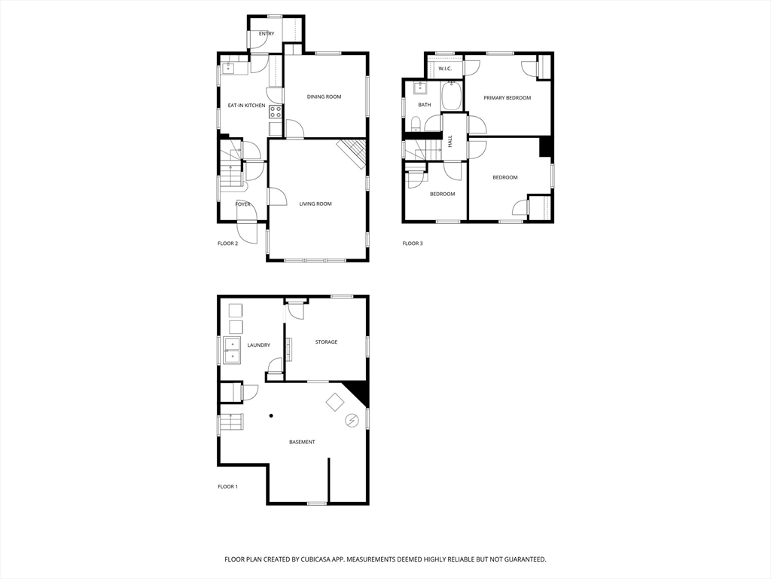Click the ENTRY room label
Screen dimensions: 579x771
(x=267, y=34)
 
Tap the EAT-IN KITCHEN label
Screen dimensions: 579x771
(x=246, y=106)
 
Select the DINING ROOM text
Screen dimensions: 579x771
(x=324, y=96)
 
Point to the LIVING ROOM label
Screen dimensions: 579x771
(x=315, y=204)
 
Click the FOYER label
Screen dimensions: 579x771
(x=242, y=204)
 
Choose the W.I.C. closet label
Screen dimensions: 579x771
(x=445, y=69)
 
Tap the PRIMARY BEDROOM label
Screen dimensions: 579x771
(x=507, y=98)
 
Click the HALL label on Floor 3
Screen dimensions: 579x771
(x=450, y=141)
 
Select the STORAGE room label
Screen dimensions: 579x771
(x=326, y=342)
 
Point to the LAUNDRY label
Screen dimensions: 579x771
(x=258, y=345)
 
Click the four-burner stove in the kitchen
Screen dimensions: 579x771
(x=276, y=112)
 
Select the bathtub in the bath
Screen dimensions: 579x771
(x=452, y=96)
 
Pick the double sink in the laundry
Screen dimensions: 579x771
(x=232, y=351)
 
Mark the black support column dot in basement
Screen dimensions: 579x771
(x=271, y=415)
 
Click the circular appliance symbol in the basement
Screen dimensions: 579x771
(x=351, y=421)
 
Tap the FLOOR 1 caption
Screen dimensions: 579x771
(x=227, y=487)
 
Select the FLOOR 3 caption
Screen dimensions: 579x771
(x=412, y=244)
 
